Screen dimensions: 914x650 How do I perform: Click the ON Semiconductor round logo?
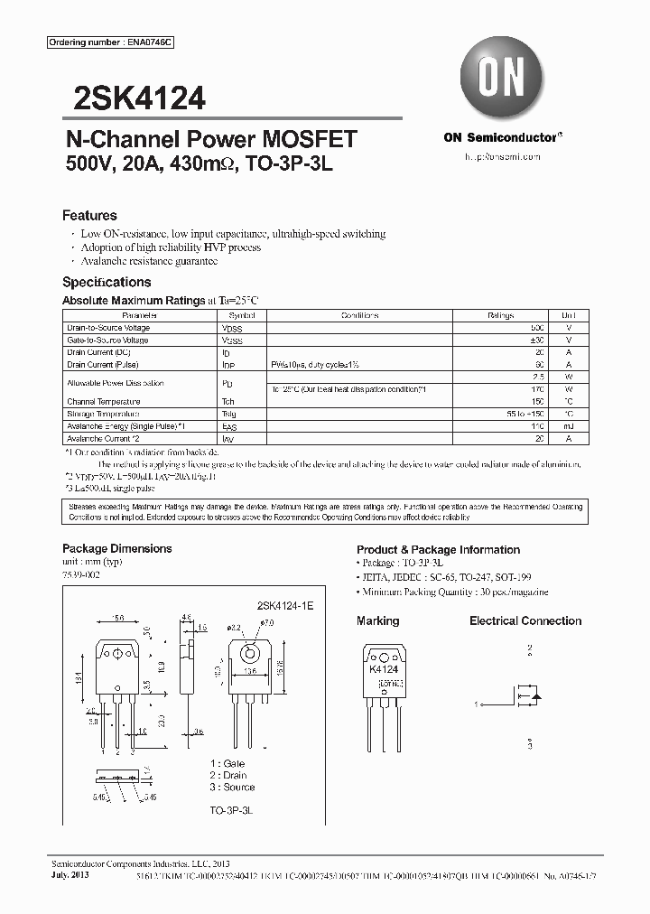tap(501, 79)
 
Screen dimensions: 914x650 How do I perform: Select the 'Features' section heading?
tap(89, 216)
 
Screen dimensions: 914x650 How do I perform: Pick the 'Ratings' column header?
tap(500, 316)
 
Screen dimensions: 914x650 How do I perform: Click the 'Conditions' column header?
tap(359, 316)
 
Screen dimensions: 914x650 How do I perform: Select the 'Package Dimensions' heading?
tap(116, 548)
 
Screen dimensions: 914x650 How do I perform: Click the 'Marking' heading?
tap(377, 620)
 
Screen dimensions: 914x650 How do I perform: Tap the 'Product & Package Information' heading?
tap(438, 549)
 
